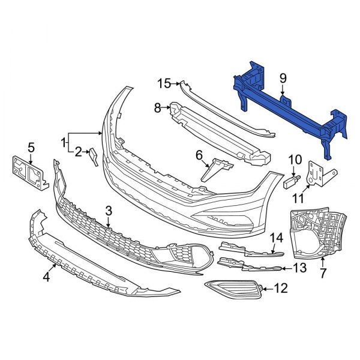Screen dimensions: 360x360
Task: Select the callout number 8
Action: tap(158, 108)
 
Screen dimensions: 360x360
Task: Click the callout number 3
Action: tap(109, 211)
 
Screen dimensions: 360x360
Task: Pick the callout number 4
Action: tap(46, 277)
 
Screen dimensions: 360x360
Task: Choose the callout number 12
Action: tap(280, 289)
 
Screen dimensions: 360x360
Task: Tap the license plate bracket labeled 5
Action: tap(28, 172)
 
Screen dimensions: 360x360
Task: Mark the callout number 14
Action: tap(275, 238)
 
